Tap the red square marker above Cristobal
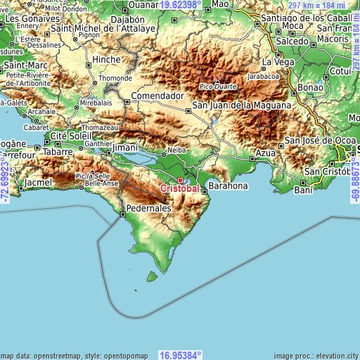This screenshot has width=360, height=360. [179, 180]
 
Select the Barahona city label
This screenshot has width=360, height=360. [229, 186]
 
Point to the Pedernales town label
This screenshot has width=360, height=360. [149, 209]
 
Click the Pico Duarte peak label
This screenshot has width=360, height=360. [219, 86]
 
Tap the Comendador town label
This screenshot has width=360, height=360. [157, 95]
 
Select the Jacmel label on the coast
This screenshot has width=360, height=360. [37, 183]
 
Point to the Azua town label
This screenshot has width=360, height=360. [265, 153]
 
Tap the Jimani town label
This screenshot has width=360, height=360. [124, 149]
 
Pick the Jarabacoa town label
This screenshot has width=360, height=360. [264, 77]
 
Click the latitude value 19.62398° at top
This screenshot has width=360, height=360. [180, 4]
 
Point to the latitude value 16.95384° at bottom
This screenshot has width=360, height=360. [180, 355]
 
